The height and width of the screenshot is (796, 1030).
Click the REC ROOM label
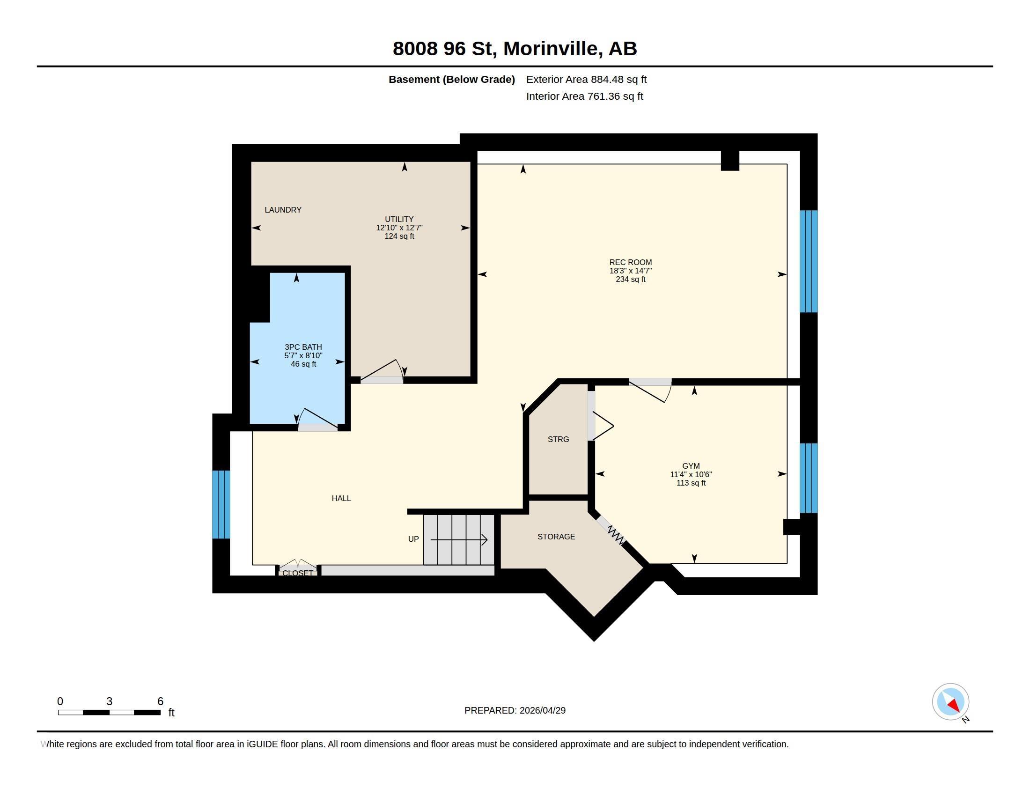(630, 262)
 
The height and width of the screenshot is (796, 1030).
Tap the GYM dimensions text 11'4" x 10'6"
(691, 474)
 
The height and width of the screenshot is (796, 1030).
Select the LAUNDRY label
(282, 210)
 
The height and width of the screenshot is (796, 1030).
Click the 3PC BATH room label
(303, 347)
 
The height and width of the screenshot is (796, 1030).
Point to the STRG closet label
(558, 439)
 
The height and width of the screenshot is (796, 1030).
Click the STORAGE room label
(556, 537)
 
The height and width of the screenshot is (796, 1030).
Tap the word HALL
(341, 499)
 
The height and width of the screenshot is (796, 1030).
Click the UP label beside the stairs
(413, 539)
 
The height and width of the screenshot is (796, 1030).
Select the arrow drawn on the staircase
(459, 539)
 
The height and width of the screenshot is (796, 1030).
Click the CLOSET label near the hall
(298, 573)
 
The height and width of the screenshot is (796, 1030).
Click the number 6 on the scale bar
(160, 701)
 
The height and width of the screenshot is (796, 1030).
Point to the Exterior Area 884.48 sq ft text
(586, 79)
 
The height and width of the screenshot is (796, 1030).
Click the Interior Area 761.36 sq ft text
(584, 96)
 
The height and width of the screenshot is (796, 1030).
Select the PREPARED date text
(515, 710)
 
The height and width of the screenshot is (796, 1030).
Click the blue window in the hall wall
(221, 504)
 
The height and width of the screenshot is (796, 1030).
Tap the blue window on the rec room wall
(809, 261)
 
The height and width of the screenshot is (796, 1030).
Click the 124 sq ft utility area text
(399, 236)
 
